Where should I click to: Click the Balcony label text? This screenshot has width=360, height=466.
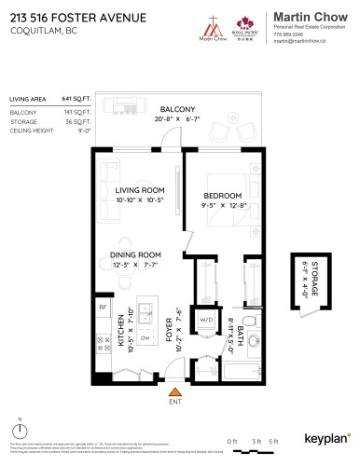coord(177,108)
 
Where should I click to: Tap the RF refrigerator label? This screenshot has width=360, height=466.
coord(104,307)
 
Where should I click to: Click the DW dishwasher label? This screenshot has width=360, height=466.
coord(145,313)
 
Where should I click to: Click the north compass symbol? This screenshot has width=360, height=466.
coord(20,432)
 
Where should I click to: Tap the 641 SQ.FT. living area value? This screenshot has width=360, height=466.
coord(75,98)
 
